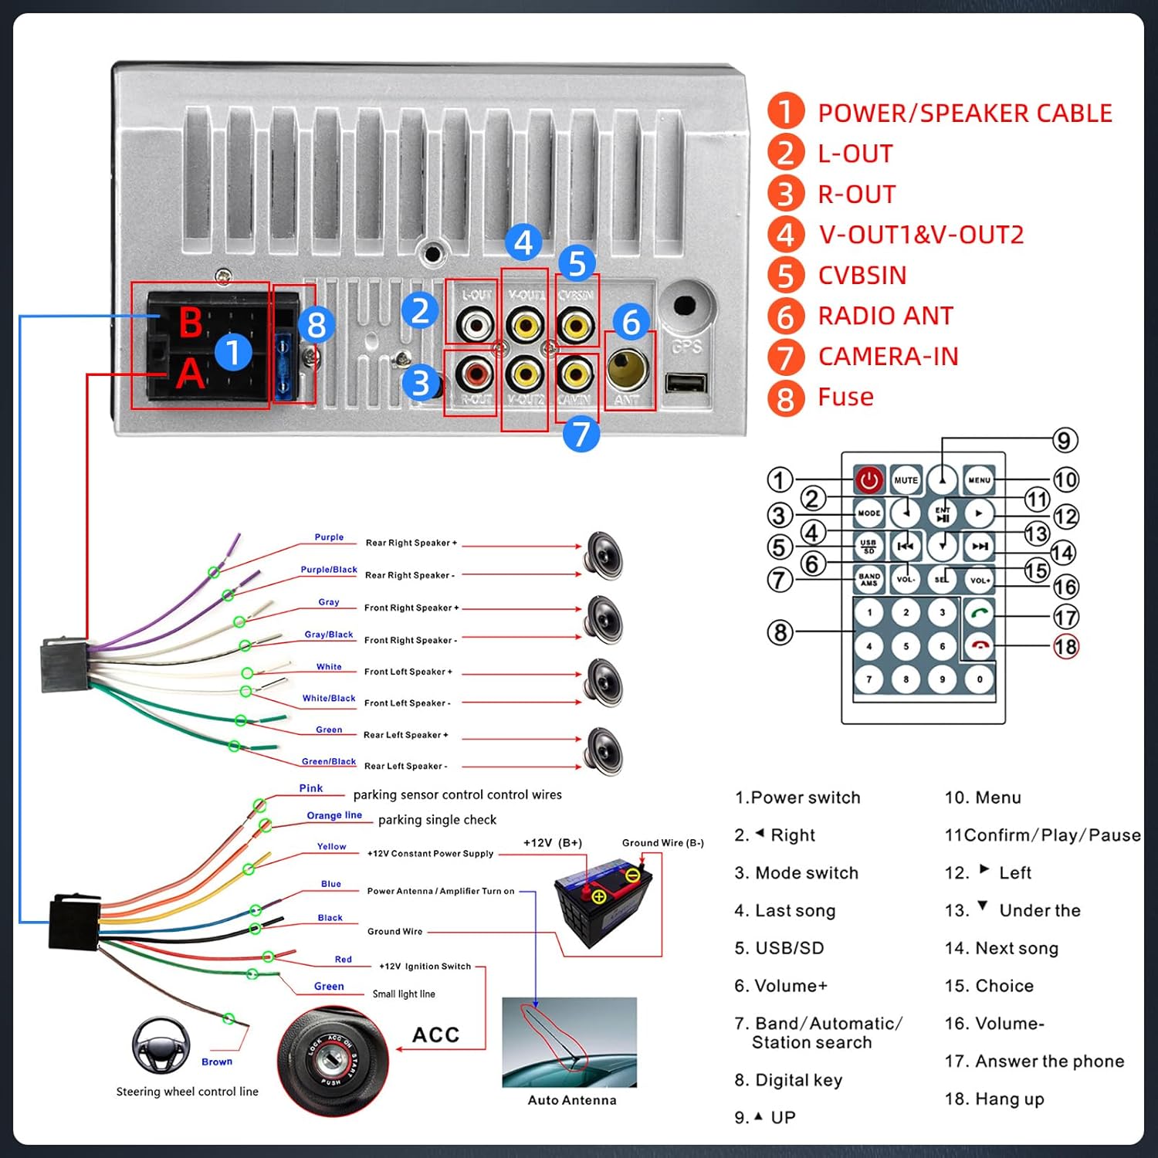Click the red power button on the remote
pos(869,480)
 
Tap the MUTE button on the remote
pos(906,480)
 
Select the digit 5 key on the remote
pos(906,646)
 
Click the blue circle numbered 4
pos(523,243)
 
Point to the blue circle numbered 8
pos(317,325)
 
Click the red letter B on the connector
pos(191,323)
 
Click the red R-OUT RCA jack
pos(475,374)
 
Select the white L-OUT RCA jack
pos(475,325)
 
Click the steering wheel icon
pos(161,1045)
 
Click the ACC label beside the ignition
pos(435,1035)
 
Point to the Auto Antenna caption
pos(572,1100)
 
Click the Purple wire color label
pos(329,537)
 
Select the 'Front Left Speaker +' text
pos(408,672)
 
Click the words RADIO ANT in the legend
pos(885,316)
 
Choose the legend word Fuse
pos(845,397)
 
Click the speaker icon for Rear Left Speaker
pos(604,751)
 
